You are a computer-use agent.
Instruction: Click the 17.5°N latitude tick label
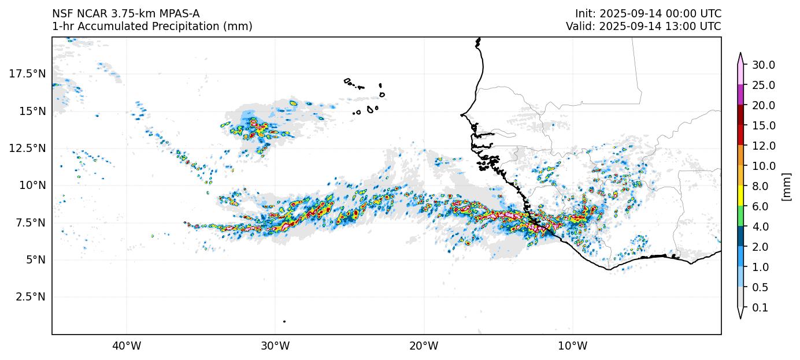click(x=27, y=74)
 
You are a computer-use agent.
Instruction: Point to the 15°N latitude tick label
click(x=31, y=111)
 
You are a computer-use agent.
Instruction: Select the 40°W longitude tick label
click(x=127, y=346)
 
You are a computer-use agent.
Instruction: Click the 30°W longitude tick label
click(x=275, y=346)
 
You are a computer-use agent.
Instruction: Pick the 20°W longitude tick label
click(x=424, y=346)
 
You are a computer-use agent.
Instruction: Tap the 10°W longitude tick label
click(x=573, y=346)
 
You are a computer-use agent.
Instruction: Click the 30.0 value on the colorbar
click(x=764, y=65)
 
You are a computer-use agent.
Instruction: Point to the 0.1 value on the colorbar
click(x=761, y=308)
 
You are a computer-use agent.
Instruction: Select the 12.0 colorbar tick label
click(x=764, y=146)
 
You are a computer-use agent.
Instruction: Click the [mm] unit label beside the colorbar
click(x=786, y=186)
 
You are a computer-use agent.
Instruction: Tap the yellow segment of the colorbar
click(x=740, y=196)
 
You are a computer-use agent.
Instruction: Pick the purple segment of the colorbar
click(x=740, y=95)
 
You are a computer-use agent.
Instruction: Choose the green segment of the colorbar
click(x=740, y=217)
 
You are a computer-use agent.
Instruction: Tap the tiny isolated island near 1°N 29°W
click(x=284, y=321)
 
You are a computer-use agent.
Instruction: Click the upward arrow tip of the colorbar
click(x=740, y=54)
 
